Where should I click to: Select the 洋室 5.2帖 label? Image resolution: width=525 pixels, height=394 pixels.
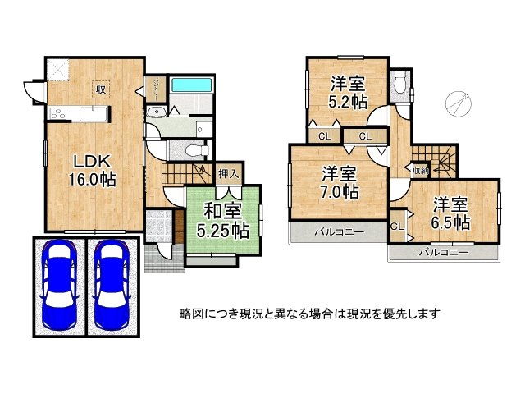[x=346, y=92]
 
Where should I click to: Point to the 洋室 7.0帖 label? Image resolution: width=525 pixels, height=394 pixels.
[x=338, y=182]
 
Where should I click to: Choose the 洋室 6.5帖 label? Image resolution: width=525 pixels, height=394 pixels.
[x=451, y=212]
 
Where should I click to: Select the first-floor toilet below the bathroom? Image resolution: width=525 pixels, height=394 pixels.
[x=192, y=149]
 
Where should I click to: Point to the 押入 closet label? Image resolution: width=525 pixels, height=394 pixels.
[x=229, y=173]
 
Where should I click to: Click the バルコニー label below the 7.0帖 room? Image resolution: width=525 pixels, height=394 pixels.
[x=338, y=233]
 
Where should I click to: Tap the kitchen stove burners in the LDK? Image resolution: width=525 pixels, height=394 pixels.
[x=57, y=114]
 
